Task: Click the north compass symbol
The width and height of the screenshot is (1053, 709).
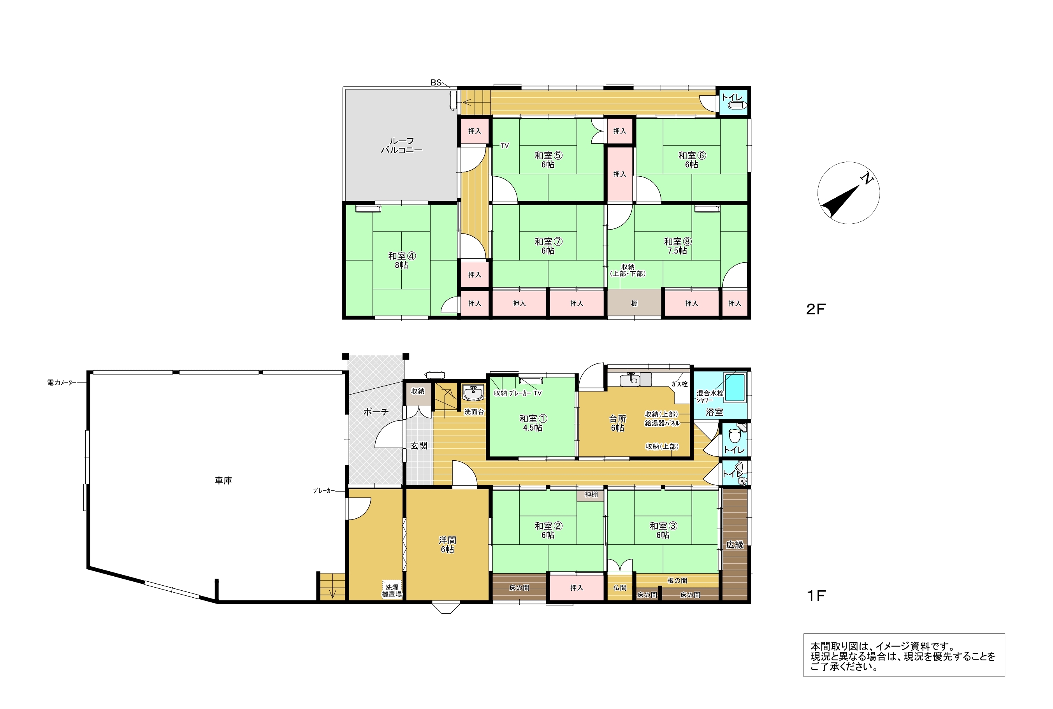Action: pyautogui.click(x=848, y=193)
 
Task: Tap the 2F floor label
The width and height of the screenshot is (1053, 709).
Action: pyautogui.click(x=816, y=309)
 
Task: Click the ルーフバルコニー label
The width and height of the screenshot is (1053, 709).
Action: pyautogui.click(x=401, y=146)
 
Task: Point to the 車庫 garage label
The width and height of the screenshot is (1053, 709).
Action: pyautogui.click(x=223, y=481)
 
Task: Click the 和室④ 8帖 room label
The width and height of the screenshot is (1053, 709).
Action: pyautogui.click(x=402, y=260)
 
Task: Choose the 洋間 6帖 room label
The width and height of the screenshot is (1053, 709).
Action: pyautogui.click(x=447, y=544)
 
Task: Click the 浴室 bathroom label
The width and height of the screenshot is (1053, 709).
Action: pyautogui.click(x=714, y=412)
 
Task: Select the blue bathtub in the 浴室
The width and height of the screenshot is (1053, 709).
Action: pyautogui.click(x=735, y=387)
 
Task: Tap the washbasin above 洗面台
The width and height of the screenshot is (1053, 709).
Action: pyautogui.click(x=473, y=393)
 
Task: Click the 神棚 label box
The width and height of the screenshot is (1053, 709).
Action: pyautogui.click(x=591, y=495)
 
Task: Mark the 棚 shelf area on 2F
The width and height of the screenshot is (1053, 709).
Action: pyautogui.click(x=634, y=304)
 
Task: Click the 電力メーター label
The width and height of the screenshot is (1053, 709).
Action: pyautogui.click(x=62, y=383)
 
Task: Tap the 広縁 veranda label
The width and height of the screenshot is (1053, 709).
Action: pyautogui.click(x=735, y=545)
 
